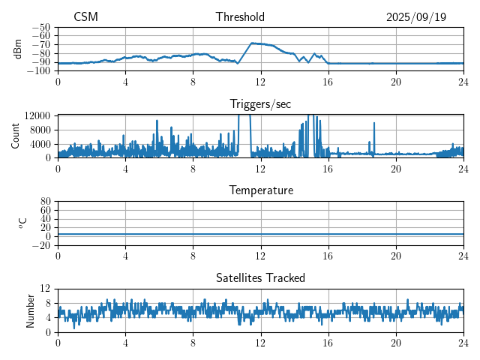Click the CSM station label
[x=85, y=17]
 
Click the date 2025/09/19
[x=416, y=17]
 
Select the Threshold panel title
[x=240, y=17]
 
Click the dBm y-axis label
[x=17, y=49]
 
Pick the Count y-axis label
[x=16, y=136]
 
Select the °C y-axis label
[x=22, y=223]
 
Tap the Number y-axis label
[x=31, y=310]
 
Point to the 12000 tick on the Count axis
[x=37, y=115]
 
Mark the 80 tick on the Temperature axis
[x=46, y=202]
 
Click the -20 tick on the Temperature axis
[x=42, y=245]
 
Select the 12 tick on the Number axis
[x=46, y=289]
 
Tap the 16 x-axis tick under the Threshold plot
[x=328, y=82]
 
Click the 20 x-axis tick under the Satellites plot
[x=395, y=343]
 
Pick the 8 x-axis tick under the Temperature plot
[x=193, y=256]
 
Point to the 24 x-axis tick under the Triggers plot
[x=463, y=169]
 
